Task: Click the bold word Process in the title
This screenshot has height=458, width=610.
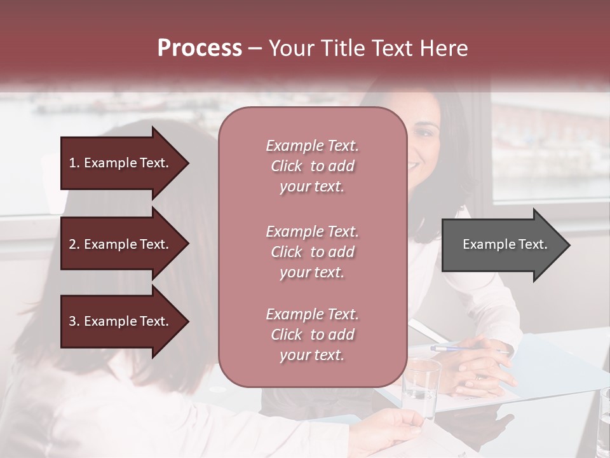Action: tap(200, 48)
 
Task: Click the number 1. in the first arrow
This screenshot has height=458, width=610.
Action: tap(74, 163)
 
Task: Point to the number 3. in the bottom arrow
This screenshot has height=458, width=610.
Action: tap(74, 321)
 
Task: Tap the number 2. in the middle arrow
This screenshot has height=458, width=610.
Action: tap(74, 244)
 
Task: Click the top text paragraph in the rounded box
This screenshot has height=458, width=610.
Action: tap(312, 166)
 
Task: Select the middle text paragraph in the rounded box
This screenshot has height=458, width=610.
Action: tap(312, 252)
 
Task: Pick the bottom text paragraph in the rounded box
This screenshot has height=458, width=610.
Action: tap(312, 335)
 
